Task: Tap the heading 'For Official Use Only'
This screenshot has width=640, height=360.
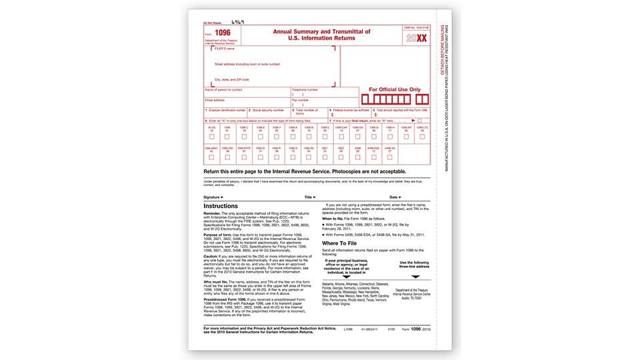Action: pyautogui.click(x=395, y=89)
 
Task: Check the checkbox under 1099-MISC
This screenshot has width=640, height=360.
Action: pyautogui.click(x=211, y=157)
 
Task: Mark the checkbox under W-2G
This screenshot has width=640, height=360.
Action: pyautogui.click(x=211, y=136)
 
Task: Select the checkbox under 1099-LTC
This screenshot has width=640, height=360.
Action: pyautogui.click(x=422, y=136)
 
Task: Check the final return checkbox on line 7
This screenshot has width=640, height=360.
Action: pyautogui.click(x=419, y=121)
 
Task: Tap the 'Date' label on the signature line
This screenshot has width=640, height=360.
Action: pyautogui.click(x=394, y=197)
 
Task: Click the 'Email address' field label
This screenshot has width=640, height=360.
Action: pyautogui.click(x=214, y=99)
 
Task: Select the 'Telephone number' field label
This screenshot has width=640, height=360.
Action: pyautogui.click(x=305, y=89)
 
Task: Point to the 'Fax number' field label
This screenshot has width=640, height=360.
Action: pyautogui.click(x=301, y=99)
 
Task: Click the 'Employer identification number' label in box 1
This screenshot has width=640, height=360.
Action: pyautogui.click(x=227, y=110)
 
